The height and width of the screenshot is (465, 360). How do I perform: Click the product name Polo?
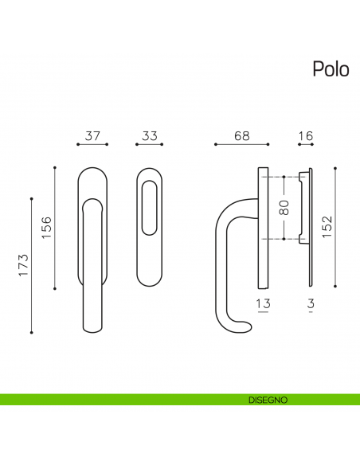pos(330,69)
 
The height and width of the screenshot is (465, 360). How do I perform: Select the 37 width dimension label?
pos(92,135)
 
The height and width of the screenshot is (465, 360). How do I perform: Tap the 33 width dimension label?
pos(148,135)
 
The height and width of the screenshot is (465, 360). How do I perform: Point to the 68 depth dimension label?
pos(242,135)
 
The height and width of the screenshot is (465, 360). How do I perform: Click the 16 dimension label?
pos(304,135)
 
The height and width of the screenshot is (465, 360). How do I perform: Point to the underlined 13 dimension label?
pos(264,303)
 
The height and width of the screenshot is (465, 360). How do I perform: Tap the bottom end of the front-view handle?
pos(92,326)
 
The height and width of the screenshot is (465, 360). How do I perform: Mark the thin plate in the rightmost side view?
pos(311,227)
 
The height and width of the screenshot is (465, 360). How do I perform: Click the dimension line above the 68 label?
pos(242,145)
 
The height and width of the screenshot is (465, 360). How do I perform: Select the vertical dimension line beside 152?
pos(336,227)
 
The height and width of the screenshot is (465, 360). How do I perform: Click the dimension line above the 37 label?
pos(92,145)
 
